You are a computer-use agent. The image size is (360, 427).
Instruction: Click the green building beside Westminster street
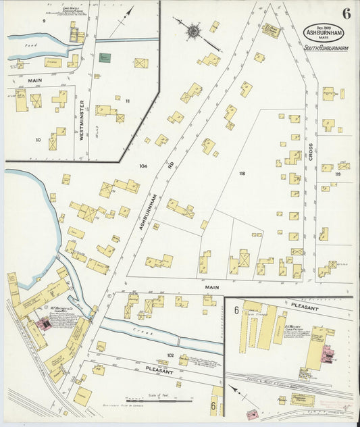point(105,59)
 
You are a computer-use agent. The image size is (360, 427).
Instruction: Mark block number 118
point(241,174)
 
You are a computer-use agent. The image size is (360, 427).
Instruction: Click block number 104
point(143,166)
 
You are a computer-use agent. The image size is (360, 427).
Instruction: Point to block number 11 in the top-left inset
point(126,101)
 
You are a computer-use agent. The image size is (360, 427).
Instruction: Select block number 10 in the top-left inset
point(38,140)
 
